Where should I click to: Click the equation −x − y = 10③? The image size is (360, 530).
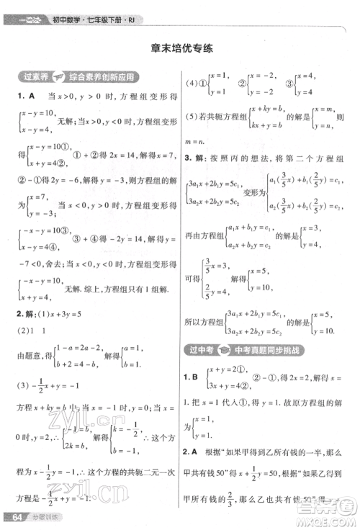(49, 233)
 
